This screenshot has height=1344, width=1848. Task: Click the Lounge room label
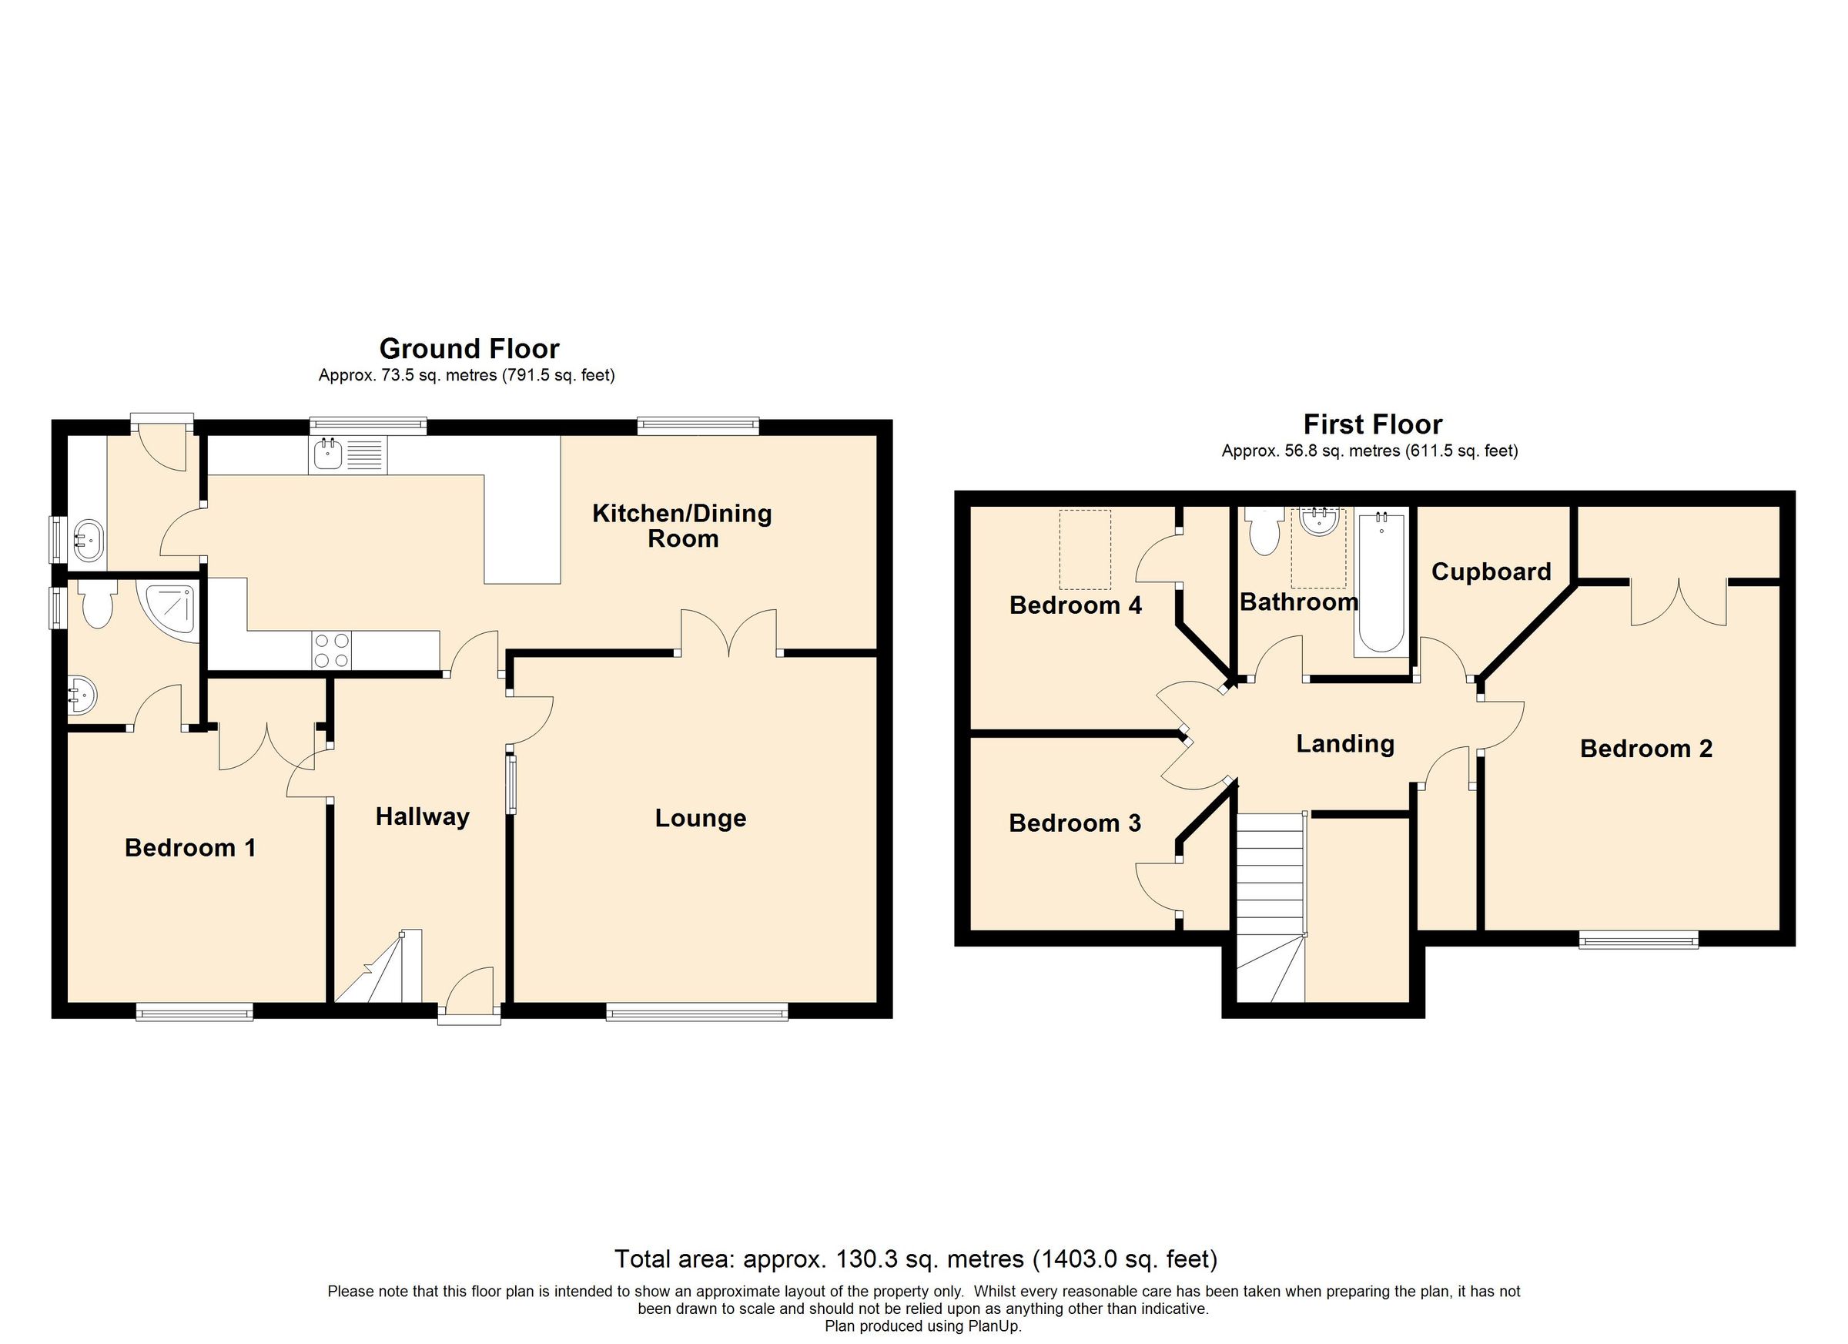point(700,818)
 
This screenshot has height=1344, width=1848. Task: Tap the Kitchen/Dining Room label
point(682,526)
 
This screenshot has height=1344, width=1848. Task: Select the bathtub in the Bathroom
point(1381,584)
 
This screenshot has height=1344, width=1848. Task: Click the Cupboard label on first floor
point(1491,572)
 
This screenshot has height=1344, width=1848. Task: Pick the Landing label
point(1344,744)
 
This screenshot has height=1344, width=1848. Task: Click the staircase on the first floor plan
point(1270,905)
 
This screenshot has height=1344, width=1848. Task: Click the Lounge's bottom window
point(697,1012)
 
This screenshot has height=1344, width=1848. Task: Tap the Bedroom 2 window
point(1638,940)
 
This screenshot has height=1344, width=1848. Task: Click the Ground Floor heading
point(470,349)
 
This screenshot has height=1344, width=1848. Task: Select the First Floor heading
point(1372,424)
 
